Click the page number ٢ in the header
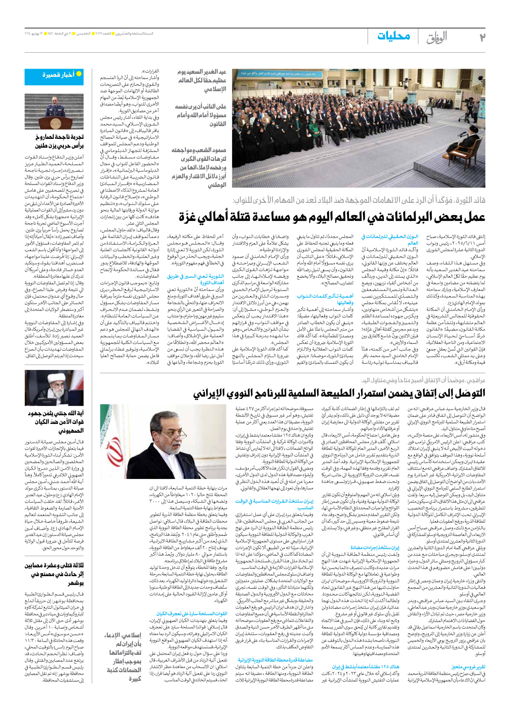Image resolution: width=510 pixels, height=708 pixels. coord(482,37)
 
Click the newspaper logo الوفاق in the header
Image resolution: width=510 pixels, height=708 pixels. coord(437,38)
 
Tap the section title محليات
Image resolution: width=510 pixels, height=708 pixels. coord(393,36)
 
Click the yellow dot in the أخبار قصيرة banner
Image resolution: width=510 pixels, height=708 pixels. coord(79,74)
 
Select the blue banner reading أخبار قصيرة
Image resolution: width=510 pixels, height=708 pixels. coord(54,76)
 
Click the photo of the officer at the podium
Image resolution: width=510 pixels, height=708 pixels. coord(54,111)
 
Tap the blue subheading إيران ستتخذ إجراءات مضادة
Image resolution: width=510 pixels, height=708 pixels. coord(375,548)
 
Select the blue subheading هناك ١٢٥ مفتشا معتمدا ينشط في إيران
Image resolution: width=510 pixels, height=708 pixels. coord(366,667)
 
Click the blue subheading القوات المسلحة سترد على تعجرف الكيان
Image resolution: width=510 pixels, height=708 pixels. coord(192,614)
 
